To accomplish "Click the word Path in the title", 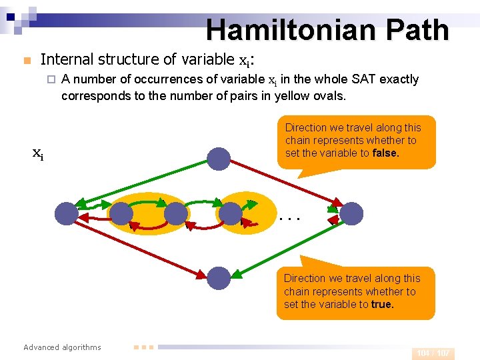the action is click(x=418, y=30).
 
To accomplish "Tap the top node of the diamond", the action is click(x=218, y=158).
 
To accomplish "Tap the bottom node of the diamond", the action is click(x=218, y=277).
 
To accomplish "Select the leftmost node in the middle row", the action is click(x=67, y=213).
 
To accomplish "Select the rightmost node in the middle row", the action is click(x=352, y=213).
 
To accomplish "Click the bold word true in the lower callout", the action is click(x=383, y=304).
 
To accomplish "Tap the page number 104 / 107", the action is click(x=433, y=353).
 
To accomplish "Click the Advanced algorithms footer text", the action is click(x=62, y=347).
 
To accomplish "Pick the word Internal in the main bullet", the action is click(x=65, y=59).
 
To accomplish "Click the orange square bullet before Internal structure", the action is click(x=26, y=61).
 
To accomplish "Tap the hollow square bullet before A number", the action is click(x=50, y=80).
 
